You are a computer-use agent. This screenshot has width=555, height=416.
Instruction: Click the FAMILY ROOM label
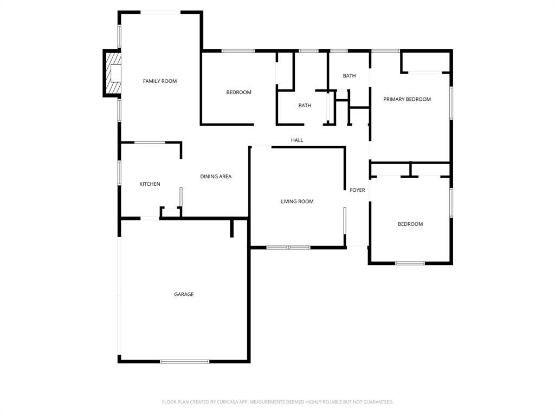[x=160, y=81]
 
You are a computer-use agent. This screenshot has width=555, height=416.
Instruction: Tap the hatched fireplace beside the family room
[x=112, y=73]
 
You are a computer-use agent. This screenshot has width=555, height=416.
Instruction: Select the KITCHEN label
[x=150, y=184]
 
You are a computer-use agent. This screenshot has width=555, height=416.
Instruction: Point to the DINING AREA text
[x=216, y=177]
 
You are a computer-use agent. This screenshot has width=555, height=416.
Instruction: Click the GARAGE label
[x=184, y=295]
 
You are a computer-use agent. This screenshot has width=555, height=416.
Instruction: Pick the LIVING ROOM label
[x=297, y=201]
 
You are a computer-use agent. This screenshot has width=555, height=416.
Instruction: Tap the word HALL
[x=297, y=140]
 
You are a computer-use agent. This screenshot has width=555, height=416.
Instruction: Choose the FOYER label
[x=357, y=190]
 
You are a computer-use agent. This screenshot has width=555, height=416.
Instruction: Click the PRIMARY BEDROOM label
[x=407, y=99]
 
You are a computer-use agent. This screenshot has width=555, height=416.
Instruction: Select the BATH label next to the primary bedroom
[x=349, y=76]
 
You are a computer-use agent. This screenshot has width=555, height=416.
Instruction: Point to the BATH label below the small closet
[x=305, y=106]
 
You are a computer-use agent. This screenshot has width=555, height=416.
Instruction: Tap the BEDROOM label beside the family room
[x=238, y=93]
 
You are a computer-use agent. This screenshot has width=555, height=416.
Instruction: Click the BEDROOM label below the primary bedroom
[x=410, y=224]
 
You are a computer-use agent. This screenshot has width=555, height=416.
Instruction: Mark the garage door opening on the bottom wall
[x=184, y=361]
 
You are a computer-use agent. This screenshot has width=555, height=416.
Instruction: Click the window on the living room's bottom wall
[x=288, y=248]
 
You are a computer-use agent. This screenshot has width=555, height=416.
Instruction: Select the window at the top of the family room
[x=161, y=12]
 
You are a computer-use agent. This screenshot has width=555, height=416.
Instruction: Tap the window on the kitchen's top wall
[x=150, y=142]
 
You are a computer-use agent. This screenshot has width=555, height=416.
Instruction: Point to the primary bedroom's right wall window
[x=451, y=103]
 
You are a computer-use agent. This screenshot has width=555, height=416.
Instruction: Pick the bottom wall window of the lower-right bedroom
[x=410, y=263]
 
